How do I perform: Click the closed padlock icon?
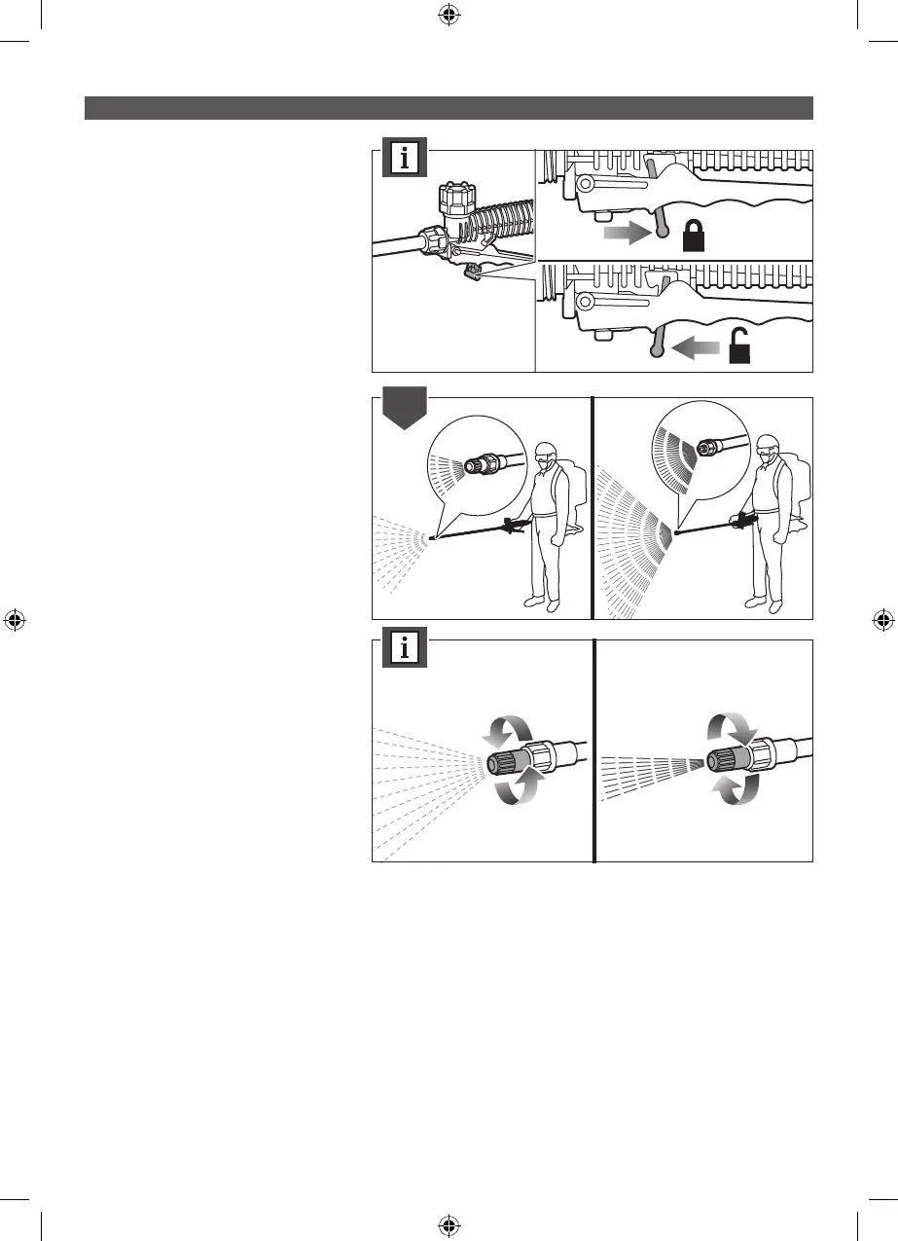click(x=697, y=236)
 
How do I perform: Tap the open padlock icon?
click(x=740, y=345)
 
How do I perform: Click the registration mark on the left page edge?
click(x=14, y=620)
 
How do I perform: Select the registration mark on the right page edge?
click(x=883, y=620)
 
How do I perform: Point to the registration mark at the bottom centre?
click(x=449, y=1225)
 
